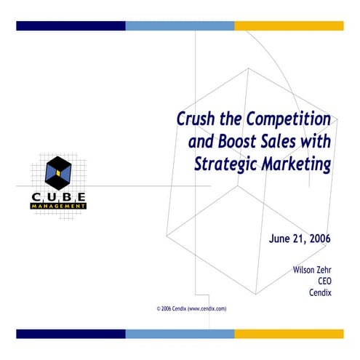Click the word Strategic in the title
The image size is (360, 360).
pos(225,164)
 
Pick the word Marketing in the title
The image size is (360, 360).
pos(295,164)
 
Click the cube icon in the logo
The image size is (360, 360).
pos(57,173)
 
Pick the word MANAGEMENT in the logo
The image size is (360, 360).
pos(59,206)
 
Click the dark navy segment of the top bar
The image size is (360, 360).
pos(71,26)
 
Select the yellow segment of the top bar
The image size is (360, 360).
pos(288,26)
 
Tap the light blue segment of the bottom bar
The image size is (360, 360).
pos(180,333)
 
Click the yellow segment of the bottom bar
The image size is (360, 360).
pos(288,333)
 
